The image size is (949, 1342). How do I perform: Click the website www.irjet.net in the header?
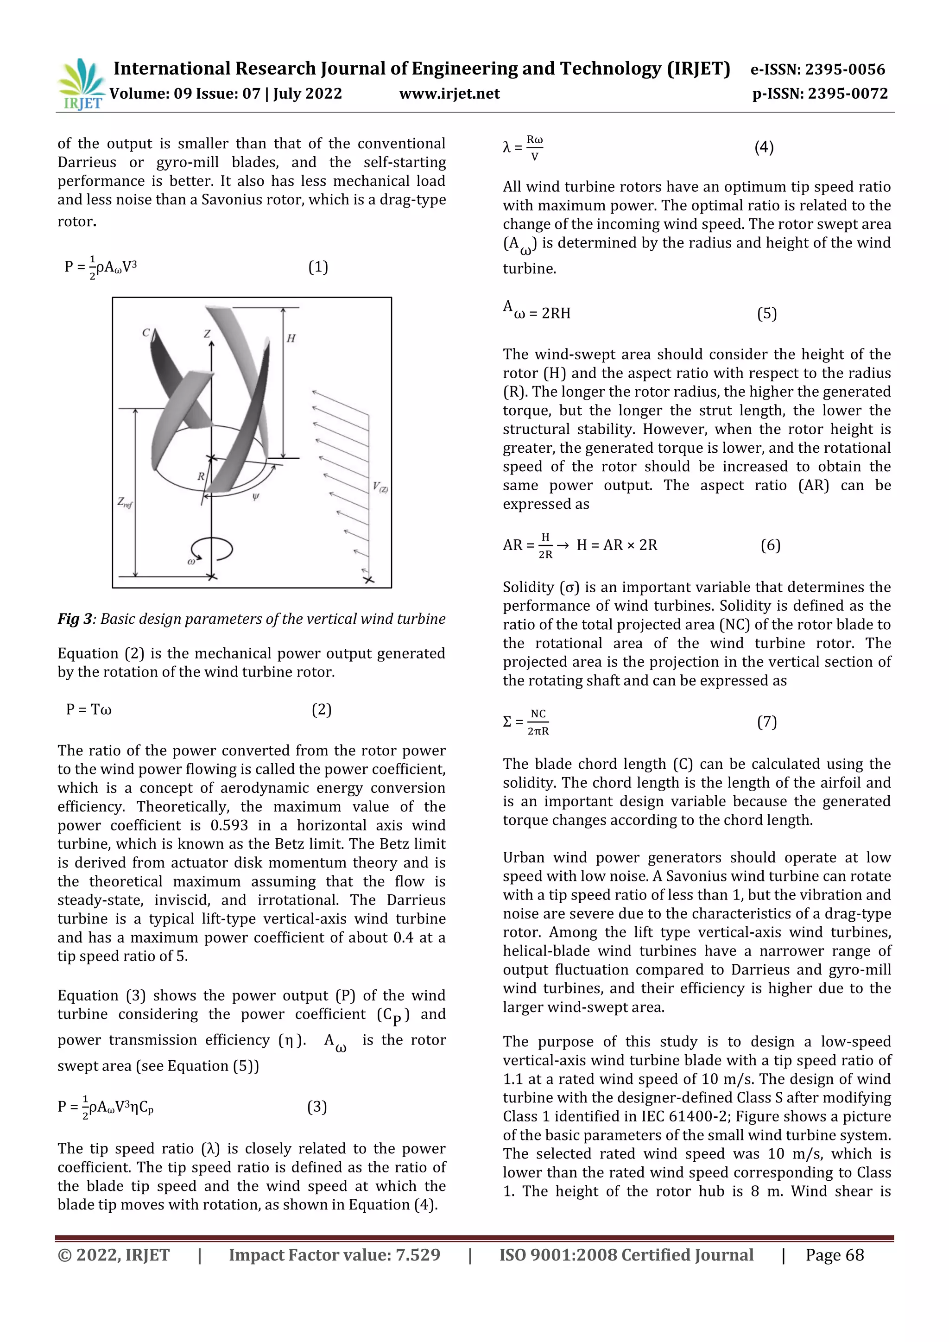449,94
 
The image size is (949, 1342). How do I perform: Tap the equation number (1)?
318,267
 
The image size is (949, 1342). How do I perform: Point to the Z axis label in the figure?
207,334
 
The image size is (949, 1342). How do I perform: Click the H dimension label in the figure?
291,338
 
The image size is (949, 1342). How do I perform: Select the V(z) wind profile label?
380,486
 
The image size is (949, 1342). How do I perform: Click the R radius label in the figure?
201,476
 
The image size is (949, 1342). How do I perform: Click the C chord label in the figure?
146,333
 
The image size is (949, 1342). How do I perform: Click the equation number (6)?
770,545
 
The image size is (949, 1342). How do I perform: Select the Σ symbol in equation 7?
507,722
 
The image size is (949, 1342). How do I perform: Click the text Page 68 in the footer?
834,1255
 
